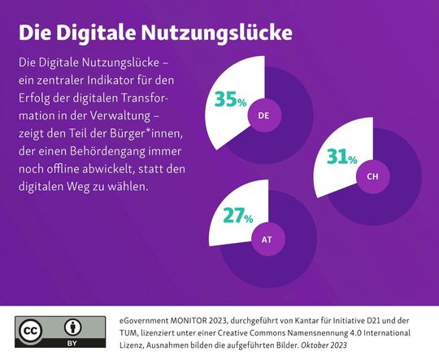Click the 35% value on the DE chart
230,100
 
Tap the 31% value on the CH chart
341,156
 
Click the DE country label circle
263,117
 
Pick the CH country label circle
372,176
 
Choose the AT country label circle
267,239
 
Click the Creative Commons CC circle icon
32,330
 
